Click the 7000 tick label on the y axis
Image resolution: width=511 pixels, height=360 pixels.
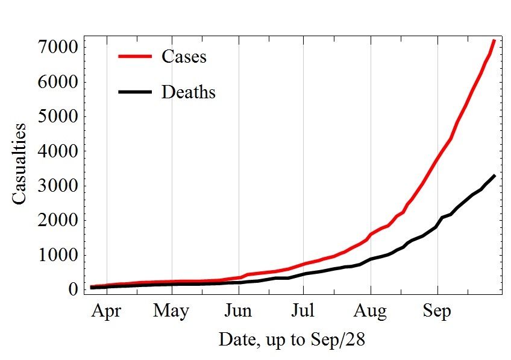[59, 46]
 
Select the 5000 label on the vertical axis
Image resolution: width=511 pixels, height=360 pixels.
[59, 116]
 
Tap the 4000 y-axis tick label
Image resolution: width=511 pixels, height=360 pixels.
[59, 151]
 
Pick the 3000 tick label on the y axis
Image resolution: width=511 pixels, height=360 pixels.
[59, 186]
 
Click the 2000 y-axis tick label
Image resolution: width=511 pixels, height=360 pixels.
[59, 221]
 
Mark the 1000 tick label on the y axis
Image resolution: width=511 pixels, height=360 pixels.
[59, 256]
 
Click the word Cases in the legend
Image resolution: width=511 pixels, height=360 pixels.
[184, 57]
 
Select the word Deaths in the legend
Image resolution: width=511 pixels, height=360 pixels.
[188, 92]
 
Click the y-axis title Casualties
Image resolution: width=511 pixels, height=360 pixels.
[19, 163]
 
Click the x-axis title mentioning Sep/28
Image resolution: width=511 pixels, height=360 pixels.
[292, 339]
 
